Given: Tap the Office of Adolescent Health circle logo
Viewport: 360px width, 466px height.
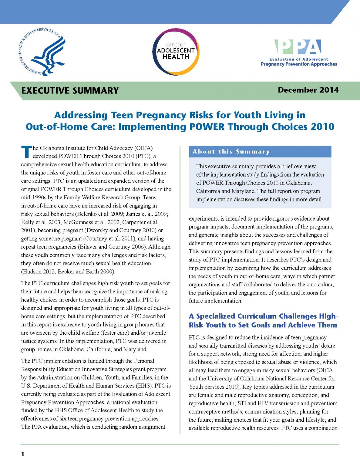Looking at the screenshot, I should point(176,52).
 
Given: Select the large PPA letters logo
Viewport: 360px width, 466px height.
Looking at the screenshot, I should point(298,47).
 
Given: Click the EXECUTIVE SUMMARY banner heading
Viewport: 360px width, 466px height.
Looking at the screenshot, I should point(70,91).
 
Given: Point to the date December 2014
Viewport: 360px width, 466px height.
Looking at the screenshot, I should point(308,90).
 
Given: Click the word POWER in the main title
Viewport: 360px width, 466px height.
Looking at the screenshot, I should point(207,127).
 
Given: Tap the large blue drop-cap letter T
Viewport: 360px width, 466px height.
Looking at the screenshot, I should point(26,152).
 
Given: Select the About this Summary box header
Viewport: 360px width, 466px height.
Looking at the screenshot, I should point(231,152).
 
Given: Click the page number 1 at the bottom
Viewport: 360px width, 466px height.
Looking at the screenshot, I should point(23,454).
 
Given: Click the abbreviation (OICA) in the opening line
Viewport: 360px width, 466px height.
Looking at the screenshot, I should point(143,148).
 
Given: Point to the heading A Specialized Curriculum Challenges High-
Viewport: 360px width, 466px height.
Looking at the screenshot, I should point(263,316).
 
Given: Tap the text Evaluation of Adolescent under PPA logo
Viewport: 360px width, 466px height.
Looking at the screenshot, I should point(299,59).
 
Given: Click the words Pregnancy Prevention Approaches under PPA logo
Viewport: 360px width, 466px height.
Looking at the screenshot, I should point(299,64).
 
